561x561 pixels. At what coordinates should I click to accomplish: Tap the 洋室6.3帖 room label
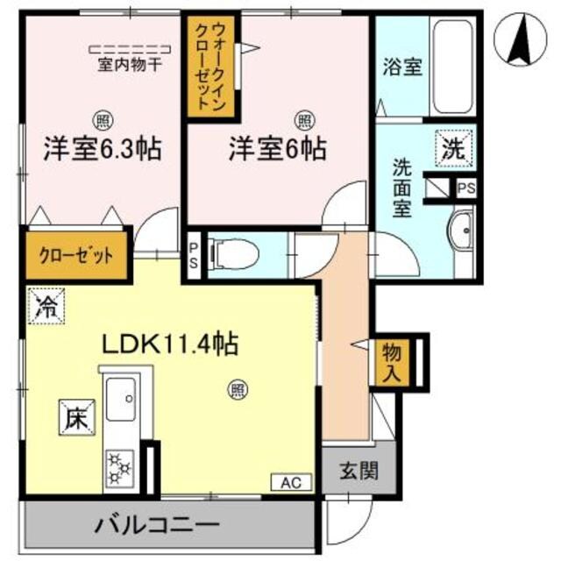tap(103, 148)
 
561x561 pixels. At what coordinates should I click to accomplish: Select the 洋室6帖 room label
tap(278, 148)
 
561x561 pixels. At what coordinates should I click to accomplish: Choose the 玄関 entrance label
tap(360, 472)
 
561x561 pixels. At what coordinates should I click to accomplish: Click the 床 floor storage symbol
tap(76, 416)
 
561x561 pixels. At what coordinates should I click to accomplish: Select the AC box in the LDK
tap(291, 482)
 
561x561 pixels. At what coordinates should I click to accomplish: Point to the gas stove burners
tap(118, 467)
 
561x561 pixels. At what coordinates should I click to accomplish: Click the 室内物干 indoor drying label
tap(129, 64)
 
